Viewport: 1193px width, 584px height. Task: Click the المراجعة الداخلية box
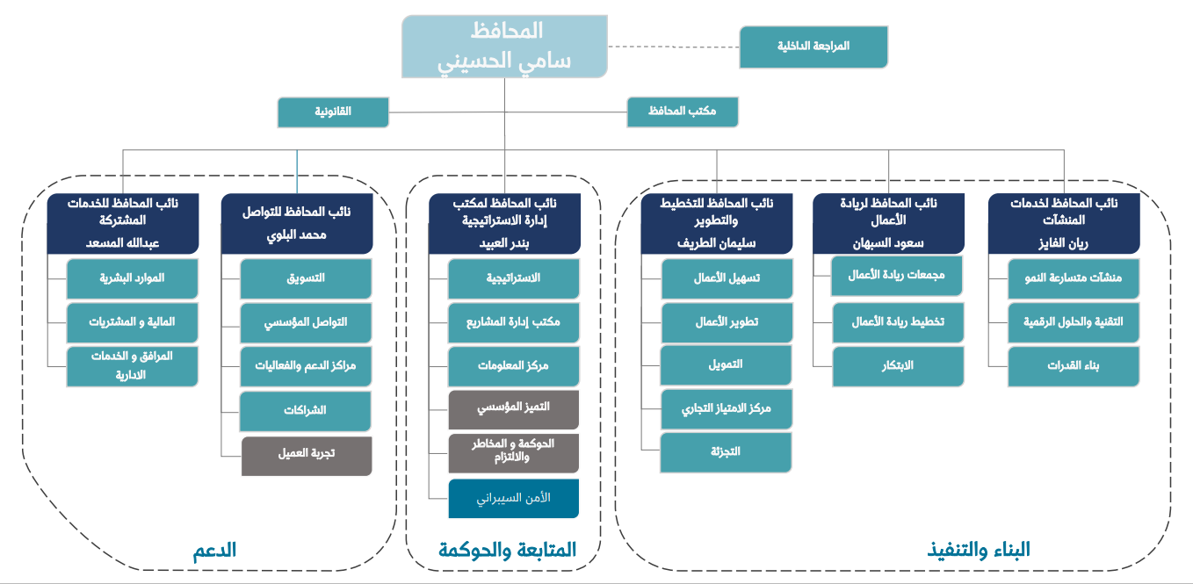[813, 47]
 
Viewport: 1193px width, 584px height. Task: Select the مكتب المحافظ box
[683, 112]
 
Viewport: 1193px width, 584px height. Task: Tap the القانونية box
[333, 112]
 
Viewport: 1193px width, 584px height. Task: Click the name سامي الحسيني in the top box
[505, 61]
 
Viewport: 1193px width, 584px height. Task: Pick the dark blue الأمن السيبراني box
[514, 498]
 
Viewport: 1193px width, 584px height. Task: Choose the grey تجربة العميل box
[307, 454]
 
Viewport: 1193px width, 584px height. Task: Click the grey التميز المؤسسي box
[514, 408]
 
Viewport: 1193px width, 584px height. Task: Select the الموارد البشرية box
[133, 278]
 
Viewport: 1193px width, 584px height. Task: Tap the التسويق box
[307, 278]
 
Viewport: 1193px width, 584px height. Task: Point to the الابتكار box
[898, 365]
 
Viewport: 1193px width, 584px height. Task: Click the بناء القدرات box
[1074, 366]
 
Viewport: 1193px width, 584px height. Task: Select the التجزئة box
[726, 451]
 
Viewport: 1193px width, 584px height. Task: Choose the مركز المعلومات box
[514, 365]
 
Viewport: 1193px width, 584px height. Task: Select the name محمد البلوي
[297, 235]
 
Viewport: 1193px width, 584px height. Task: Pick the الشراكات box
[306, 410]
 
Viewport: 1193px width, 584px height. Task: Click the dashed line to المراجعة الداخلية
[673, 47]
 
